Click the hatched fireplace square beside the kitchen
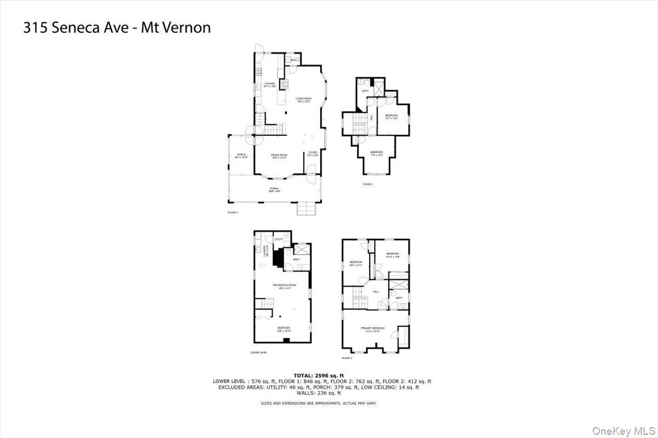click(284, 84)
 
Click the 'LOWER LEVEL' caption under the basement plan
click(258, 352)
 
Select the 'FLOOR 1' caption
click(232, 212)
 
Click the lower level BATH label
click(296, 259)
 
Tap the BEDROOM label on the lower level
click(283, 329)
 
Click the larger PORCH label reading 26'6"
click(274, 190)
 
